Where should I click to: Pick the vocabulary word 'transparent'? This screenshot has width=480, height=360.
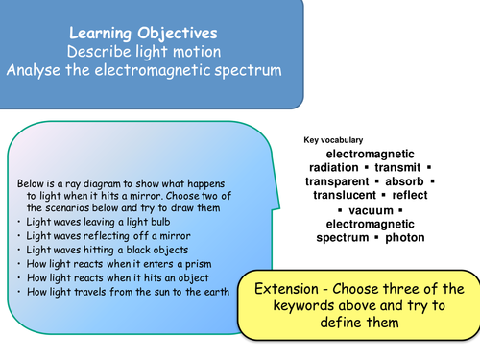[337, 181]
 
